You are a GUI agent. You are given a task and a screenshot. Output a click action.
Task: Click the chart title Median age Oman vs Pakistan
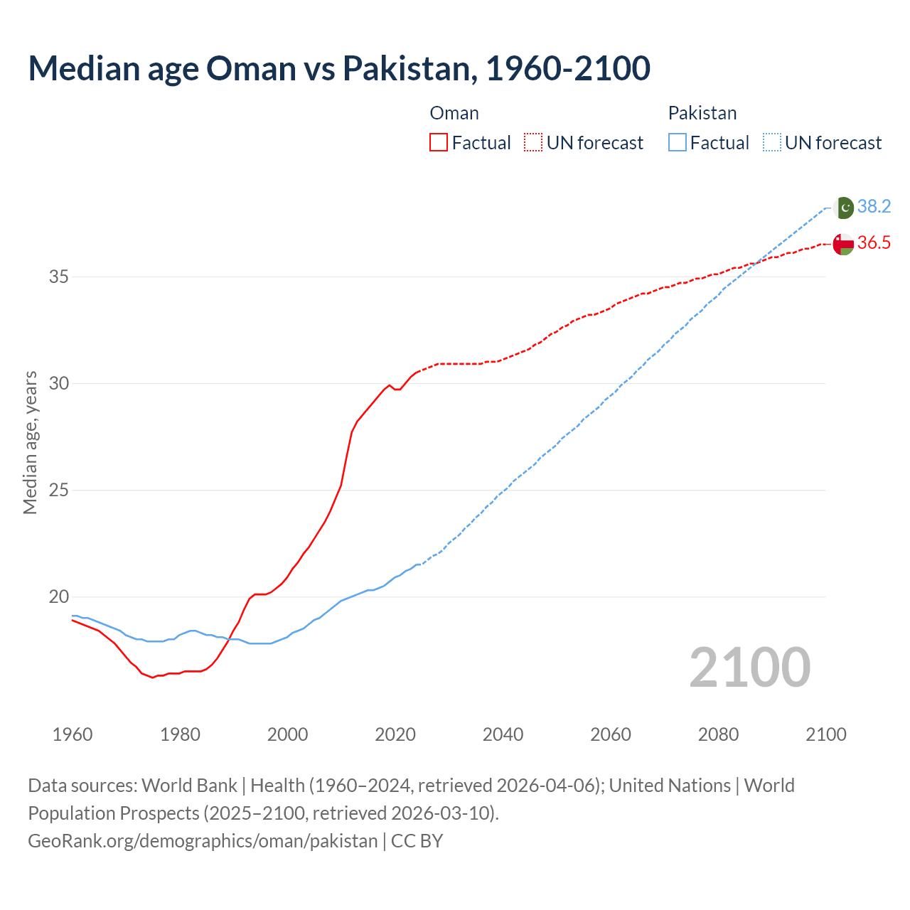click(x=339, y=68)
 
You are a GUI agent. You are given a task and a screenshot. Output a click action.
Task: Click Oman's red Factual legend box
click(x=439, y=142)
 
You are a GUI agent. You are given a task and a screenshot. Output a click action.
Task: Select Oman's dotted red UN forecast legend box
click(x=533, y=142)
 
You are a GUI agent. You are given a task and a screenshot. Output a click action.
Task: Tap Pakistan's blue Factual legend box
click(x=678, y=142)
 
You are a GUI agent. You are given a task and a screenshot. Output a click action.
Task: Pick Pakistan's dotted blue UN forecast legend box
click(x=771, y=142)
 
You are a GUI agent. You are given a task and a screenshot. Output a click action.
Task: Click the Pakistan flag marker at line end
click(x=843, y=208)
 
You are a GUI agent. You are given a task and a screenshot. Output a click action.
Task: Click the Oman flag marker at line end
click(x=843, y=244)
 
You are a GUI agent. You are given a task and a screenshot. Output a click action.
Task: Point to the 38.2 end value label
click(x=874, y=206)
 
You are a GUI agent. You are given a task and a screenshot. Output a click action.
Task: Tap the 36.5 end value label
click(x=874, y=243)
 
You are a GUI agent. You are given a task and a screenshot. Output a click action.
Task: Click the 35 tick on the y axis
click(x=58, y=277)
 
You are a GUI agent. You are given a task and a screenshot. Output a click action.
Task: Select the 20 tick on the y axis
click(x=58, y=597)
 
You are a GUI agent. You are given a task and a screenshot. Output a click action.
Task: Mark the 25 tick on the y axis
click(x=58, y=491)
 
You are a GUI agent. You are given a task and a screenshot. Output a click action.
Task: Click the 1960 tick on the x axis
click(x=73, y=734)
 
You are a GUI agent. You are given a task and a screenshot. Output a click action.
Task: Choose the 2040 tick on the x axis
click(x=503, y=734)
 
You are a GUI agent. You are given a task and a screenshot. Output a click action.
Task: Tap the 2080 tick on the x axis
click(x=718, y=734)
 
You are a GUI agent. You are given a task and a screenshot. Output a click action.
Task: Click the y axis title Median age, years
click(x=30, y=442)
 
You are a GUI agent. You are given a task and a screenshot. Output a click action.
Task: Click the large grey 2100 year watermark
click(x=749, y=667)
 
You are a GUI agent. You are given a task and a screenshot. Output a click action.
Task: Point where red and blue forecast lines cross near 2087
click(x=756, y=262)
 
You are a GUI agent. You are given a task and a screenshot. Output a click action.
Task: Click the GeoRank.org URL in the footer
click(x=203, y=841)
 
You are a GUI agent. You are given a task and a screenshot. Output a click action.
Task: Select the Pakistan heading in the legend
click(x=702, y=113)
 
